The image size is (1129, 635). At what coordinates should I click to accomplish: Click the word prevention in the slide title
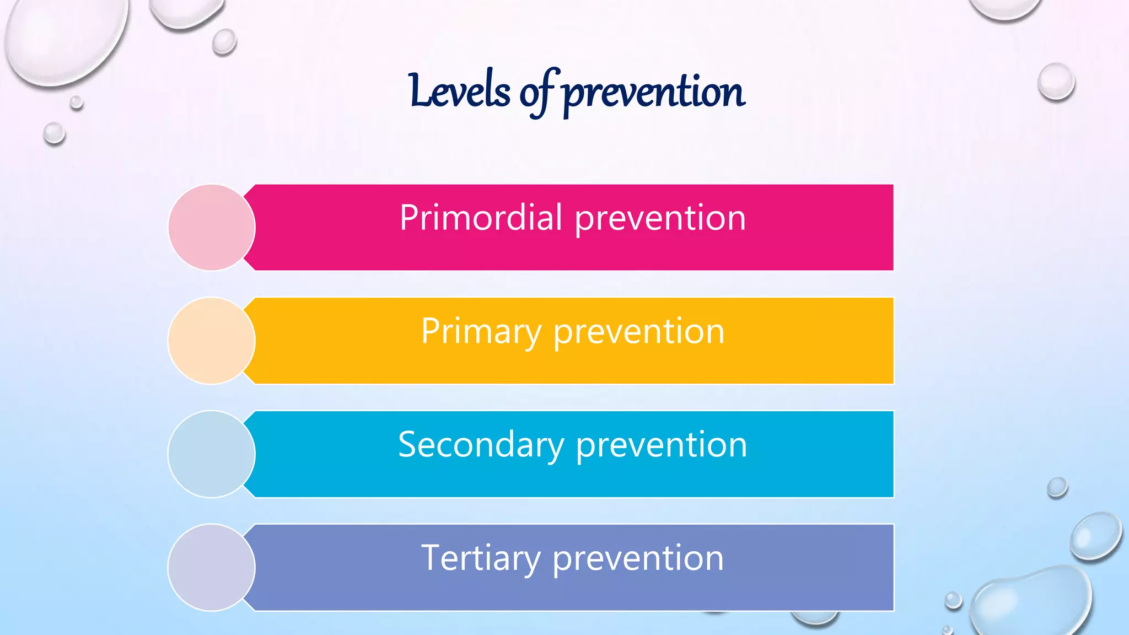(654, 93)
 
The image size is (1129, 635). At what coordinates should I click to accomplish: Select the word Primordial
(481, 218)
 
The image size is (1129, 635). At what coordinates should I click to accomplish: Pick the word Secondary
(481, 445)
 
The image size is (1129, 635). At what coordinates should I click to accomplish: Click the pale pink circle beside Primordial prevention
(211, 227)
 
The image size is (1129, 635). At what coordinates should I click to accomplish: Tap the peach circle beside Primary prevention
(211, 341)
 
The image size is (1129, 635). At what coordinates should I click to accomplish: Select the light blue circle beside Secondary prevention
(211, 454)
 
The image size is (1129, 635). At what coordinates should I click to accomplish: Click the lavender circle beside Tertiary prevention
(211, 567)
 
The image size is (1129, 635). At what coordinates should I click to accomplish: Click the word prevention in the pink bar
(660, 219)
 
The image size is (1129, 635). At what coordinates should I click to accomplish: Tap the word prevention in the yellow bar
(638, 332)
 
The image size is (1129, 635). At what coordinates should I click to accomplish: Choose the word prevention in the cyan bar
(662, 445)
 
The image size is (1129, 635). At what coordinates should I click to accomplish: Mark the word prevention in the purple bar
(638, 559)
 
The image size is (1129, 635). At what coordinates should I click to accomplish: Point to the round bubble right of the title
(1056, 82)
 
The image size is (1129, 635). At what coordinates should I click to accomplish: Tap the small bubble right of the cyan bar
(1057, 487)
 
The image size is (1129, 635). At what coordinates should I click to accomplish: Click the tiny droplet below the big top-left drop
(77, 103)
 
